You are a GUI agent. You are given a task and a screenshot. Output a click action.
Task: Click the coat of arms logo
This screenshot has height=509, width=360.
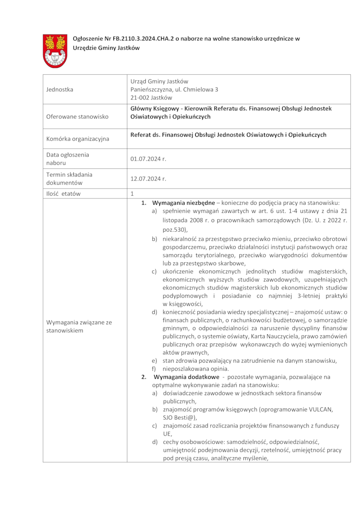click(55, 51)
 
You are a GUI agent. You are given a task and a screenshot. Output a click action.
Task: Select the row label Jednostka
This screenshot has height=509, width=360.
click(59, 90)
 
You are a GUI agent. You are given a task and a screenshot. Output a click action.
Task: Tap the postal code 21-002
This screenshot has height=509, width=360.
click(140, 97)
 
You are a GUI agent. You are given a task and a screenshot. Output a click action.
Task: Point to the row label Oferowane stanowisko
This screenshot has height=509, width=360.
click(77, 117)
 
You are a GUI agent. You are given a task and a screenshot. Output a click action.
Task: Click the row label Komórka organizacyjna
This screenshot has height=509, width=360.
click(77, 139)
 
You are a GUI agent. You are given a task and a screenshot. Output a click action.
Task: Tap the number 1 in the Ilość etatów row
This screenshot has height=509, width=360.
click(132, 194)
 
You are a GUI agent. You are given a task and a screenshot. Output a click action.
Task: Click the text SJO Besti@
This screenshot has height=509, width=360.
click(178, 417)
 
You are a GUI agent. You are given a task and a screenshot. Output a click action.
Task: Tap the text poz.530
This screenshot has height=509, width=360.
click(173, 230)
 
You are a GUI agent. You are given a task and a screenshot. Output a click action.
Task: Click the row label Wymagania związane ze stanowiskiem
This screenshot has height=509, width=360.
click(79, 326)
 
